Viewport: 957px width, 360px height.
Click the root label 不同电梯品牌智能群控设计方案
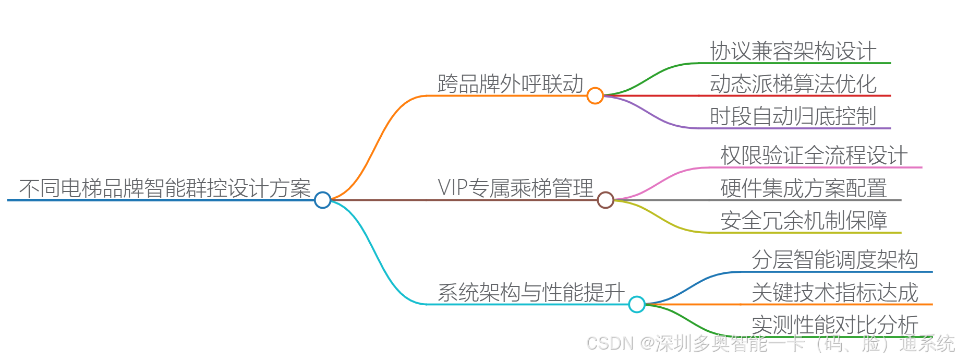(x=165, y=188)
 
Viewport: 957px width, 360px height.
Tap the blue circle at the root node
(x=323, y=200)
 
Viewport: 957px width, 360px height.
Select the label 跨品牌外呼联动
(x=510, y=84)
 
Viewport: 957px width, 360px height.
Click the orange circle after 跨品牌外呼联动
(x=595, y=96)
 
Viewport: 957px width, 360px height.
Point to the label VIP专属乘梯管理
(x=515, y=188)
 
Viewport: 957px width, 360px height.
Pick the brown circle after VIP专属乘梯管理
(x=605, y=200)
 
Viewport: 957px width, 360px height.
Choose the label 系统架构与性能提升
(x=531, y=293)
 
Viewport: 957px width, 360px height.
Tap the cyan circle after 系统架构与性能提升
(x=637, y=304)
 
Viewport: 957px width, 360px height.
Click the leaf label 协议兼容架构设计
(x=793, y=51)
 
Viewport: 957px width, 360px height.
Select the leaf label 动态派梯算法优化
(x=793, y=84)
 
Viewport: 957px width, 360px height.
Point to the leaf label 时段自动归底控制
(x=793, y=116)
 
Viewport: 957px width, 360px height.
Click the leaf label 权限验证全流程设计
(x=814, y=155)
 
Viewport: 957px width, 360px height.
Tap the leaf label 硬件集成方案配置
(x=803, y=188)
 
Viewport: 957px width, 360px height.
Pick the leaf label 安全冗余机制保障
(x=803, y=221)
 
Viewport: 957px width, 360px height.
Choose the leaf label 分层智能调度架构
(x=834, y=260)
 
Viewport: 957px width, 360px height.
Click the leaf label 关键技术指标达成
(x=834, y=293)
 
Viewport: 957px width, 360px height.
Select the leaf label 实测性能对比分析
(x=834, y=325)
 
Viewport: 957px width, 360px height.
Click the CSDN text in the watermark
(x=610, y=343)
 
